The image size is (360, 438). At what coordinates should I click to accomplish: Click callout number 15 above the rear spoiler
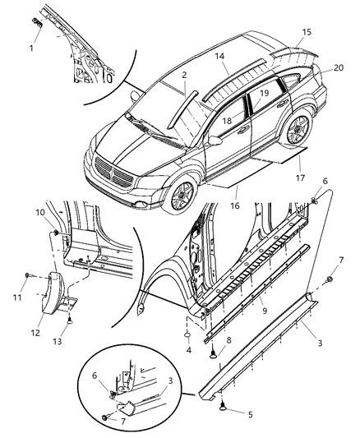tap(306, 32)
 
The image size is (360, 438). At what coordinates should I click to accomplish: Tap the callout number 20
tap(339, 69)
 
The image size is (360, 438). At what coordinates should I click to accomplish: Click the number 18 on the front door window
tap(228, 121)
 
